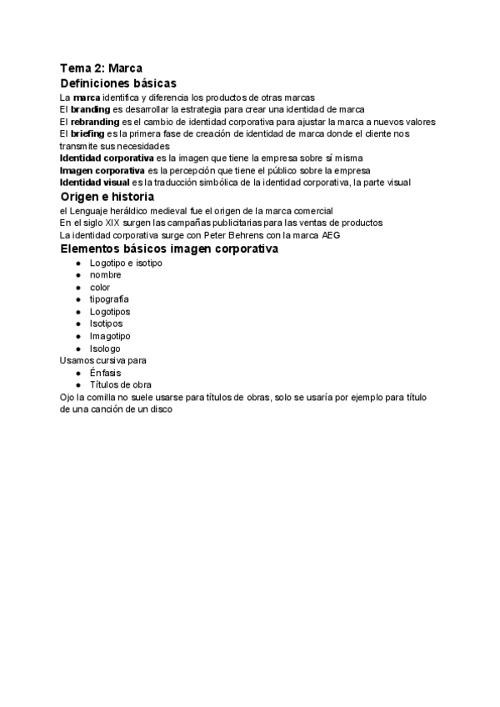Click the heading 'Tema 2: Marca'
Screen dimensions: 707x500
100,68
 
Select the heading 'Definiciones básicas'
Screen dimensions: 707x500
118,83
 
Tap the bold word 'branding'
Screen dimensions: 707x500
90,109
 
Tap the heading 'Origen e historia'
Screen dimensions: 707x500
107,197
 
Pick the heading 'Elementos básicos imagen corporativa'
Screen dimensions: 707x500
169,249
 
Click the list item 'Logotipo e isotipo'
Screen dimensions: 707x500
126,263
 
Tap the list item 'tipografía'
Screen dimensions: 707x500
109,299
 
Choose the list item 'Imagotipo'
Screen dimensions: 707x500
110,336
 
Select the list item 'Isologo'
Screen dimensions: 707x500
105,348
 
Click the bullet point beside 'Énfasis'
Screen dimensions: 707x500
78,373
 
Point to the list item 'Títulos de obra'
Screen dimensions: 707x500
120,385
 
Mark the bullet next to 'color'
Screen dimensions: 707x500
78,288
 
